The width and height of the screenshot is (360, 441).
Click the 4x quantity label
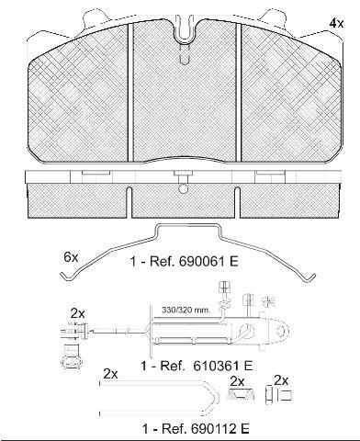pos(336,23)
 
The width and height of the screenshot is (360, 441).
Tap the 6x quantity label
pos(71,257)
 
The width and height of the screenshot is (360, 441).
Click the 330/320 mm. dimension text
pos(186,310)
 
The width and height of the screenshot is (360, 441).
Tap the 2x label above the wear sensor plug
pos(78,313)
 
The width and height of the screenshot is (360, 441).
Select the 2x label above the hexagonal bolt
pos(281,380)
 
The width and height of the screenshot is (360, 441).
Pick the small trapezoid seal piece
pos(241,393)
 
